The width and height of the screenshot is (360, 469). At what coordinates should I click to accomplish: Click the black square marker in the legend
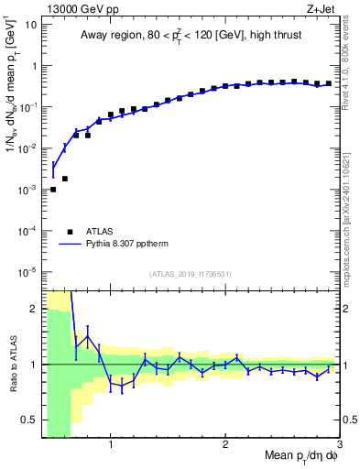[x=71, y=233]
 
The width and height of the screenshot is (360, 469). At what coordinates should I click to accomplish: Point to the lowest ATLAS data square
[x=53, y=190]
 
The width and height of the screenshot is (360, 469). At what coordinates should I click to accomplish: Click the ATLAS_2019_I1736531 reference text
[x=191, y=274]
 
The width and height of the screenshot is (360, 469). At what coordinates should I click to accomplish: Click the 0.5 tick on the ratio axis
[x=29, y=420]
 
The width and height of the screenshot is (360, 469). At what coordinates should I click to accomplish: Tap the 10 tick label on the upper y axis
[x=31, y=24]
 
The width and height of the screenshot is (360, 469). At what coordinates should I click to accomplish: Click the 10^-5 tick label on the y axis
[x=27, y=271]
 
